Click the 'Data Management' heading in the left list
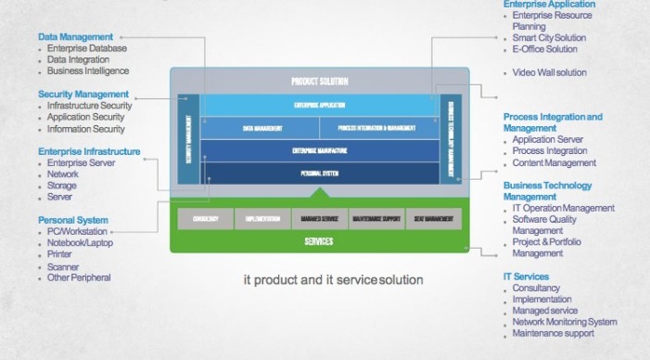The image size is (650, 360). click(x=74, y=37)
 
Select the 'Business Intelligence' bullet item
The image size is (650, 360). click(x=88, y=71)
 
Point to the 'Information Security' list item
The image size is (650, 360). click(x=85, y=129)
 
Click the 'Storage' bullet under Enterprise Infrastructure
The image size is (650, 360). click(x=63, y=186)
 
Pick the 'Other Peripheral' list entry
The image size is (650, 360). click(x=79, y=277)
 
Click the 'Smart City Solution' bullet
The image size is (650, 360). click(x=551, y=38)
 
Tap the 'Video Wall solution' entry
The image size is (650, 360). click(x=549, y=72)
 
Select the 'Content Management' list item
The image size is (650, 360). click(x=554, y=162)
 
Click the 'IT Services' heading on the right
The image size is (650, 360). click(x=526, y=276)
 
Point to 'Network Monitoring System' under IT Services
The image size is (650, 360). click(x=564, y=322)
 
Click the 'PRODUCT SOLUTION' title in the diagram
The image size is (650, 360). click(x=319, y=83)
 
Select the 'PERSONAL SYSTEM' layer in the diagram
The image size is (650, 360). click(x=319, y=174)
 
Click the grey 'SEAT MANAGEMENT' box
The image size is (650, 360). click(x=433, y=220)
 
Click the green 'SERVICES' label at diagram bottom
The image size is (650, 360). click(x=319, y=242)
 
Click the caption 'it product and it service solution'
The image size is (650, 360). click(x=332, y=279)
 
